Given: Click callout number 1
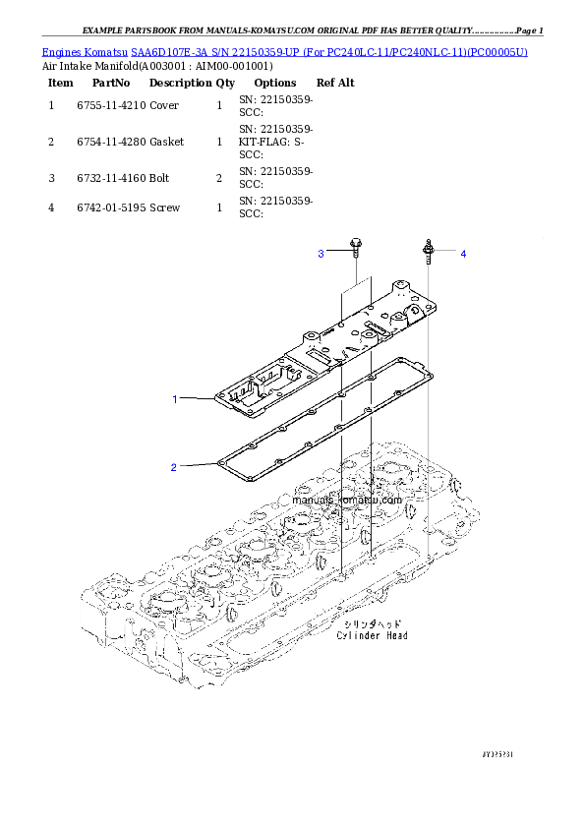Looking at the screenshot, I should tap(175, 399).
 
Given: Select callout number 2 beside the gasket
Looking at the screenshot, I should tap(173, 467).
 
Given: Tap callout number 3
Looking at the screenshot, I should tap(320, 255).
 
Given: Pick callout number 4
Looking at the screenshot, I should tap(463, 254).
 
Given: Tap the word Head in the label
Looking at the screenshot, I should tap(397, 636).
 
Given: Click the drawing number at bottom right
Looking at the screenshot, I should tap(498, 753).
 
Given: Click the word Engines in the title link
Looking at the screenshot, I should tap(61, 51).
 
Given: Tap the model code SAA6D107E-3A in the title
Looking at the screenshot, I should tap(168, 51).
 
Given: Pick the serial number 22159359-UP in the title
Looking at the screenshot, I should tap(256, 51).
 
